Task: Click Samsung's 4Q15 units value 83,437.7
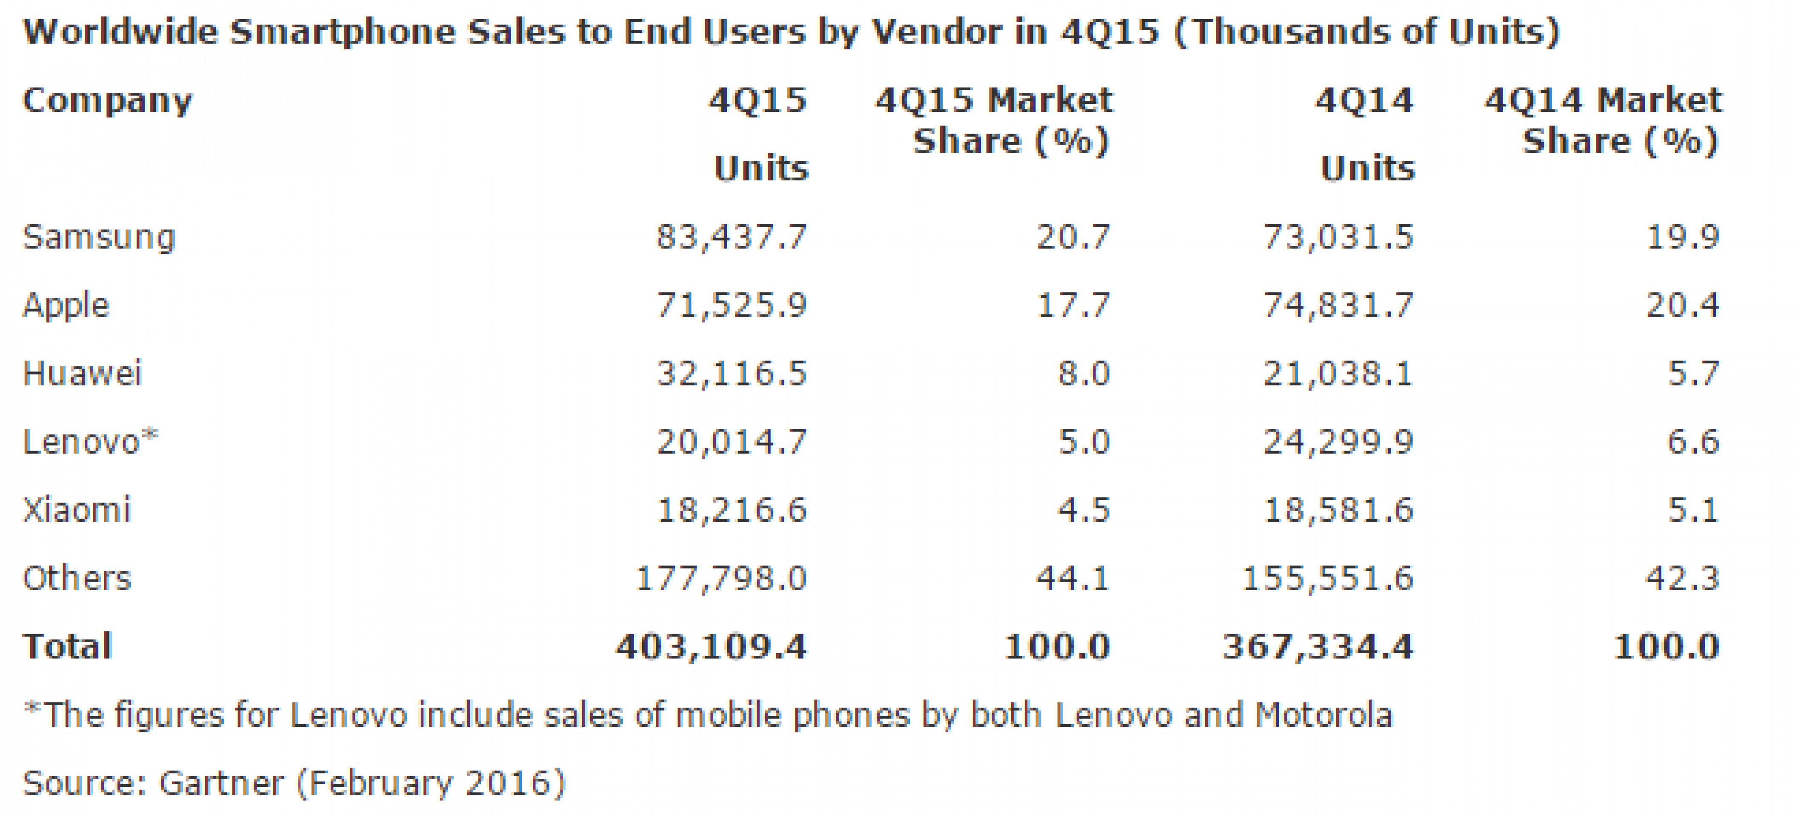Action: click(732, 237)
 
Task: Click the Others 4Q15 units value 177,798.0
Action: click(721, 578)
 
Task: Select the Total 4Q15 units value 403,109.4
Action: click(711, 647)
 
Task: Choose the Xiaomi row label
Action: click(77, 510)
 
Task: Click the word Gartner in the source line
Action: click(221, 783)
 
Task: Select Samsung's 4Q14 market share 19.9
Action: click(1683, 237)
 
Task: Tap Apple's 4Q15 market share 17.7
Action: click(1073, 306)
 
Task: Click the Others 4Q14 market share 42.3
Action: click(1683, 578)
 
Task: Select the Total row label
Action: click(68, 647)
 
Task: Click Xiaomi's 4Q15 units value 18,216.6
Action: click(732, 510)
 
